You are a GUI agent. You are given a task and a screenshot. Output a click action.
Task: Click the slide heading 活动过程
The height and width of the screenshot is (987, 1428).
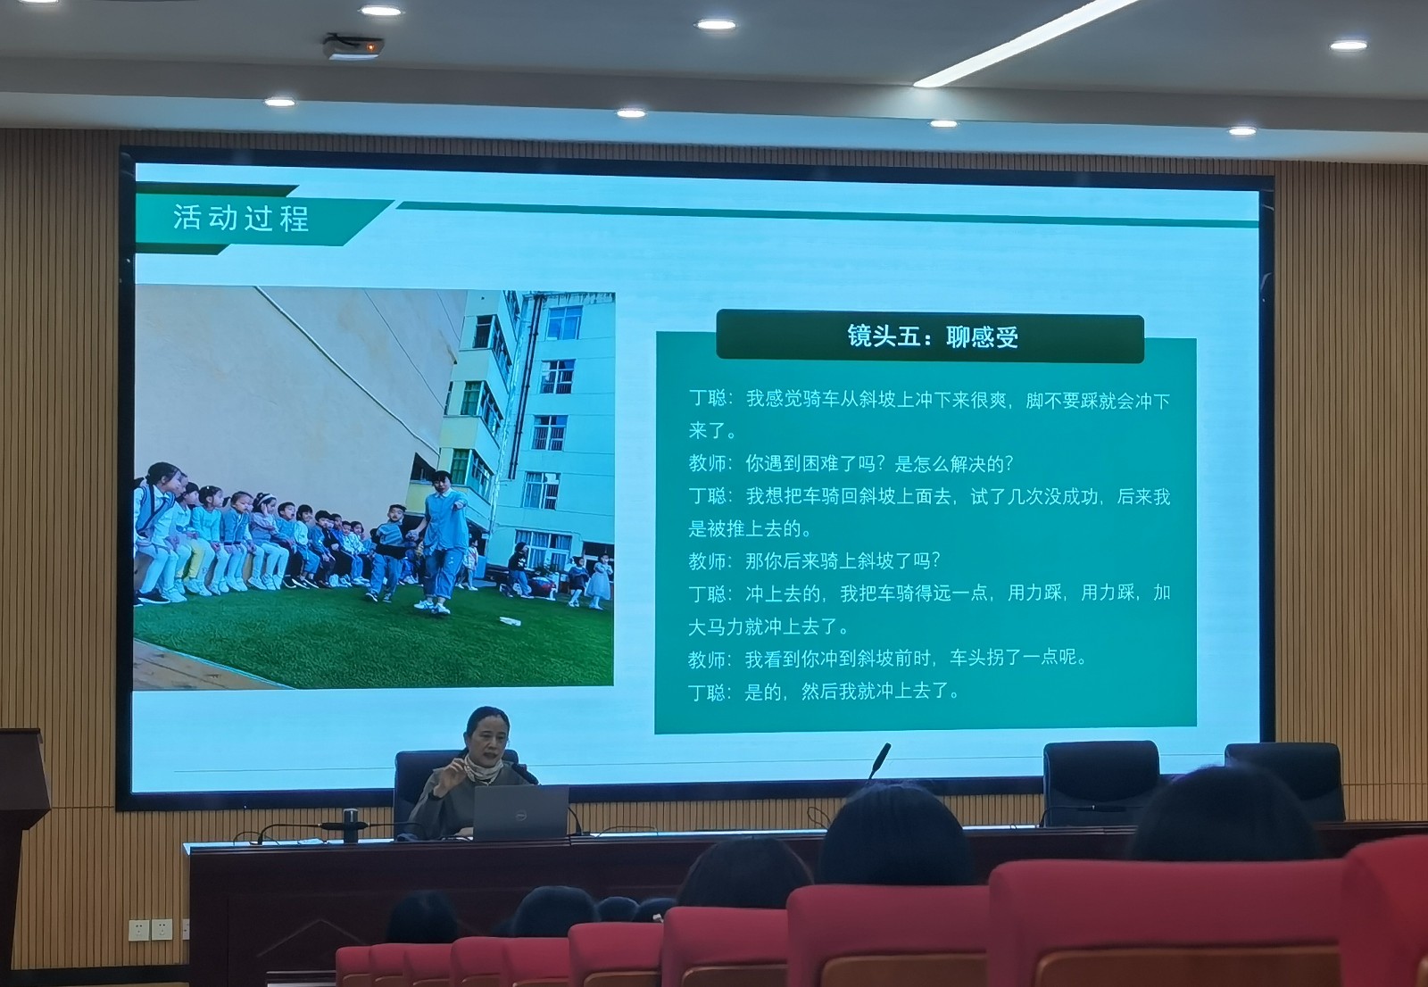241,218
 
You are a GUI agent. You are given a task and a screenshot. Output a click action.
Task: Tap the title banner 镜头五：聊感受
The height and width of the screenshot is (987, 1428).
932,336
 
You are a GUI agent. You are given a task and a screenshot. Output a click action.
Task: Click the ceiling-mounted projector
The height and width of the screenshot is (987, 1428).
353,46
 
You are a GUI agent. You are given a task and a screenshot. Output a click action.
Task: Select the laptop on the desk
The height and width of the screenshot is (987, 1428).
521,812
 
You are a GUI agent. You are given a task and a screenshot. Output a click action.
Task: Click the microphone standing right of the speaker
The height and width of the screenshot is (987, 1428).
880,760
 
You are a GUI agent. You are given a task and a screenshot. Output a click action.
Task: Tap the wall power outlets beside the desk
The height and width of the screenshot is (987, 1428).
150,929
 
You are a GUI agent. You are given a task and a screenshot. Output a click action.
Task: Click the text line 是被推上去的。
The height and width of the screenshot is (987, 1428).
750,528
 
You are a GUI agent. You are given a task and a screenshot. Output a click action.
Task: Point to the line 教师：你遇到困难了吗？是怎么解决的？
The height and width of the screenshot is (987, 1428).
851,463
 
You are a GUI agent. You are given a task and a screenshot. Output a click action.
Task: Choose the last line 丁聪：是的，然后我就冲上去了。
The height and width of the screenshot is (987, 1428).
823,692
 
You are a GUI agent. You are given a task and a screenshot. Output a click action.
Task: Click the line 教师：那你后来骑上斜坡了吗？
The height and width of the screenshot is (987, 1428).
814,561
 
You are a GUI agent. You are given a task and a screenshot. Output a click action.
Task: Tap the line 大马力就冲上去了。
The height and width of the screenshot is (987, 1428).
768,626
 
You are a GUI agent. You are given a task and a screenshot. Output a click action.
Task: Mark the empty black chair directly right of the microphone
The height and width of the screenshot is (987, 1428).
1101,781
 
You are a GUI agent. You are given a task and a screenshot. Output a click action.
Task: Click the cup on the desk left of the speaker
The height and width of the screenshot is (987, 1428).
350,825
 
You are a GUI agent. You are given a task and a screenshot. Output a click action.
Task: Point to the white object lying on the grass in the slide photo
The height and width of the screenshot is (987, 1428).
510,621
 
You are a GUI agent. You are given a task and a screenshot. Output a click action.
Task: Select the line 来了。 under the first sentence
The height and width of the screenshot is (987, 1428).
712,431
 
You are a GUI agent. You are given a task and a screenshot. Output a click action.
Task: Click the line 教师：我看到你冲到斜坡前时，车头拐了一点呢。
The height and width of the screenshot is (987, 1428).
887,659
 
